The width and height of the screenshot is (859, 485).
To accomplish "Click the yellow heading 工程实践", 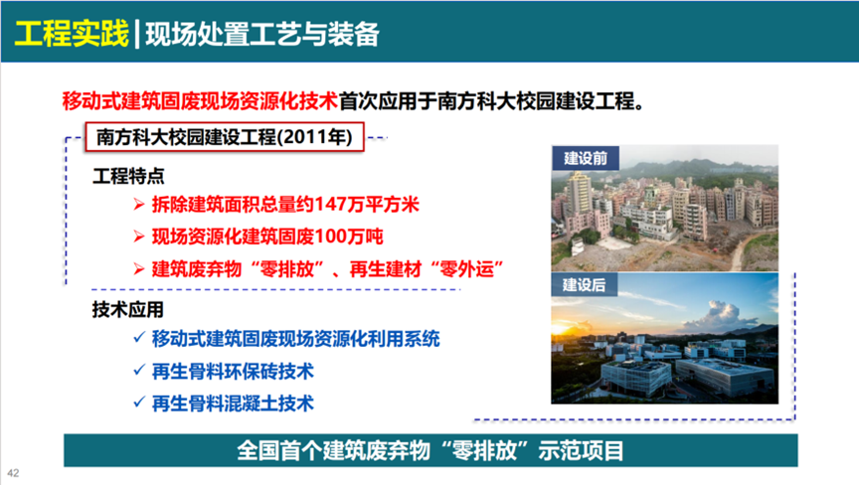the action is (72, 34).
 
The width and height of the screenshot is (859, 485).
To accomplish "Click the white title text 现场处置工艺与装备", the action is (262, 34).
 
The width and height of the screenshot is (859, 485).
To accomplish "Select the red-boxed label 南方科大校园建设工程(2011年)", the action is (225, 137).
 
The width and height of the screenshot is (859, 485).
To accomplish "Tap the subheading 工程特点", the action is (128, 176).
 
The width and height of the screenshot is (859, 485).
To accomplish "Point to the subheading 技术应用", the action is (128, 310).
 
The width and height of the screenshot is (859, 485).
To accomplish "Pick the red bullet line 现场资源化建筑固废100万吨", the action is (267, 237).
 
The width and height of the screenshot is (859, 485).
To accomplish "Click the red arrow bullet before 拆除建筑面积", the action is (139, 206).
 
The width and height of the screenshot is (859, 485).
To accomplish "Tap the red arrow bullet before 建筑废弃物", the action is (139, 269).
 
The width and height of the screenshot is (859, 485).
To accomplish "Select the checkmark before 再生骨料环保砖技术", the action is (139, 371).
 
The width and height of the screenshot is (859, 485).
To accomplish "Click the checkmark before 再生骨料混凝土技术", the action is (139, 403).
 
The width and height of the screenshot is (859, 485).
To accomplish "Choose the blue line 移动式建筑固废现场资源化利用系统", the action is (296, 339).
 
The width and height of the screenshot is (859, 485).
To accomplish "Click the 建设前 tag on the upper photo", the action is (586, 158).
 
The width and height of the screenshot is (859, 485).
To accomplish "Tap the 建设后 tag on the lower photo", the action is (585, 284).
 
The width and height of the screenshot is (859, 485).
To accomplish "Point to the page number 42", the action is (13, 473).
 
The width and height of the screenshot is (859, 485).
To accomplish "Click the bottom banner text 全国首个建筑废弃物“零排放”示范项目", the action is (430, 450).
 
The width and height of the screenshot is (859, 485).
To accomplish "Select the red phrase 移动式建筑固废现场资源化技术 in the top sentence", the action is (200, 101).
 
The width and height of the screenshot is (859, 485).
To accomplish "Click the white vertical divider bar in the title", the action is (137, 35).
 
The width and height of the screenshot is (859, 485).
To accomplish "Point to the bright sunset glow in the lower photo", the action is (566, 327).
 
